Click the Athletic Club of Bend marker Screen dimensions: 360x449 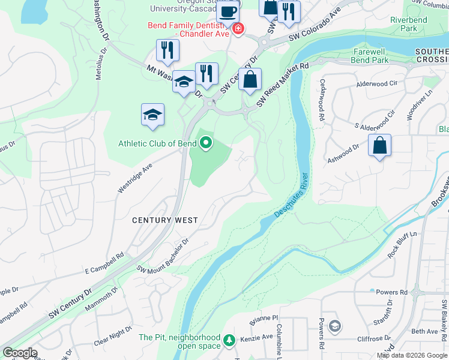click(x=206, y=143)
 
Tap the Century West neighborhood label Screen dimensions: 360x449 click(x=165, y=220)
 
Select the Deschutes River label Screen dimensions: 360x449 click(x=291, y=196)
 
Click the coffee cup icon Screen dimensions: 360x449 click(x=228, y=11)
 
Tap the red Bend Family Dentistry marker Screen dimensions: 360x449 click(x=238, y=29)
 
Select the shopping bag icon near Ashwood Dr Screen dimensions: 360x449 click(x=379, y=146)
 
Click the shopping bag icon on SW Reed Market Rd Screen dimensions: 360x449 click(x=250, y=80)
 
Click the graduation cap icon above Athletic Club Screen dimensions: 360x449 click(x=152, y=115)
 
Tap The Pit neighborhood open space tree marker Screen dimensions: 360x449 click(x=228, y=341)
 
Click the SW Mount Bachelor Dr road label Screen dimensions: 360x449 click(x=163, y=254)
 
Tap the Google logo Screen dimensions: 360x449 click(x=20, y=353)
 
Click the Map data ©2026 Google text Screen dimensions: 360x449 click(x=412, y=355)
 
